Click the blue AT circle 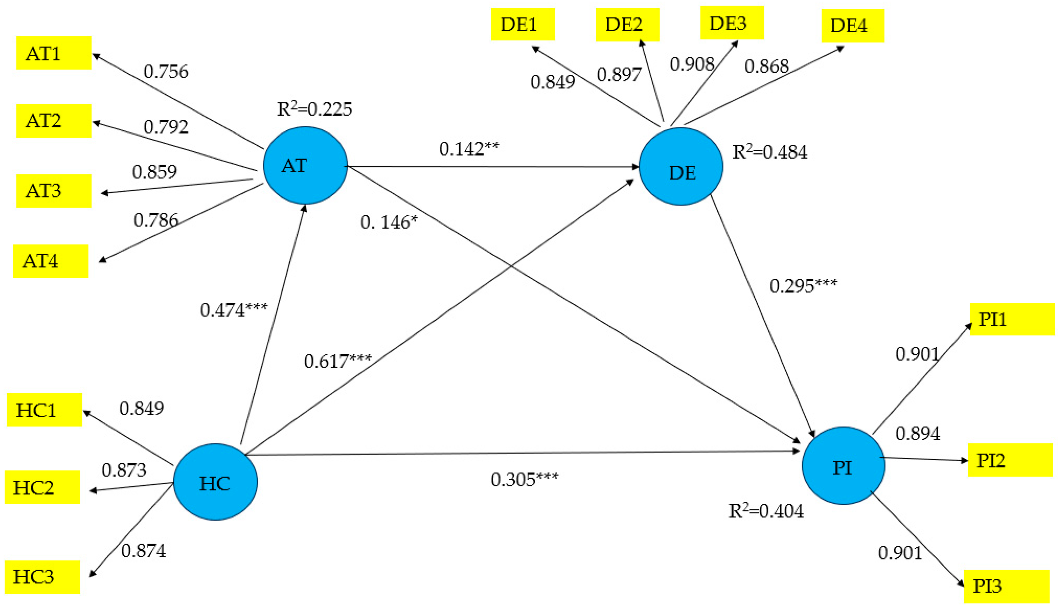pyautogui.click(x=305, y=165)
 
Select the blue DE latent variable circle pyautogui.click(x=681, y=166)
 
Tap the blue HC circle pyautogui.click(x=215, y=482)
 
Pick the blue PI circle pyautogui.click(x=843, y=465)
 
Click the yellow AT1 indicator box pyautogui.click(x=53, y=53)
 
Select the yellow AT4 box pyautogui.click(x=51, y=261)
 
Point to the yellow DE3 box pyautogui.click(x=732, y=23)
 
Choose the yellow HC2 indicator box pyautogui.click(x=42, y=487)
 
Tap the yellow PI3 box pyautogui.click(x=1006, y=586)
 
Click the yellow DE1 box pyautogui.click(x=523, y=24)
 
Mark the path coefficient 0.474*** pyautogui.click(x=233, y=310)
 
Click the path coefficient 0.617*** pyautogui.click(x=338, y=361)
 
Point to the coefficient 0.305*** pyautogui.click(x=524, y=479)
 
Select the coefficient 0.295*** pyautogui.click(x=803, y=286)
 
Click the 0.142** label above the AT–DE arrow pyautogui.click(x=469, y=149)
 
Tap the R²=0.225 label pyautogui.click(x=314, y=109)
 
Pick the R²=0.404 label pyautogui.click(x=766, y=511)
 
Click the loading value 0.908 pyautogui.click(x=692, y=64)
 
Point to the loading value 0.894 pyautogui.click(x=917, y=433)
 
